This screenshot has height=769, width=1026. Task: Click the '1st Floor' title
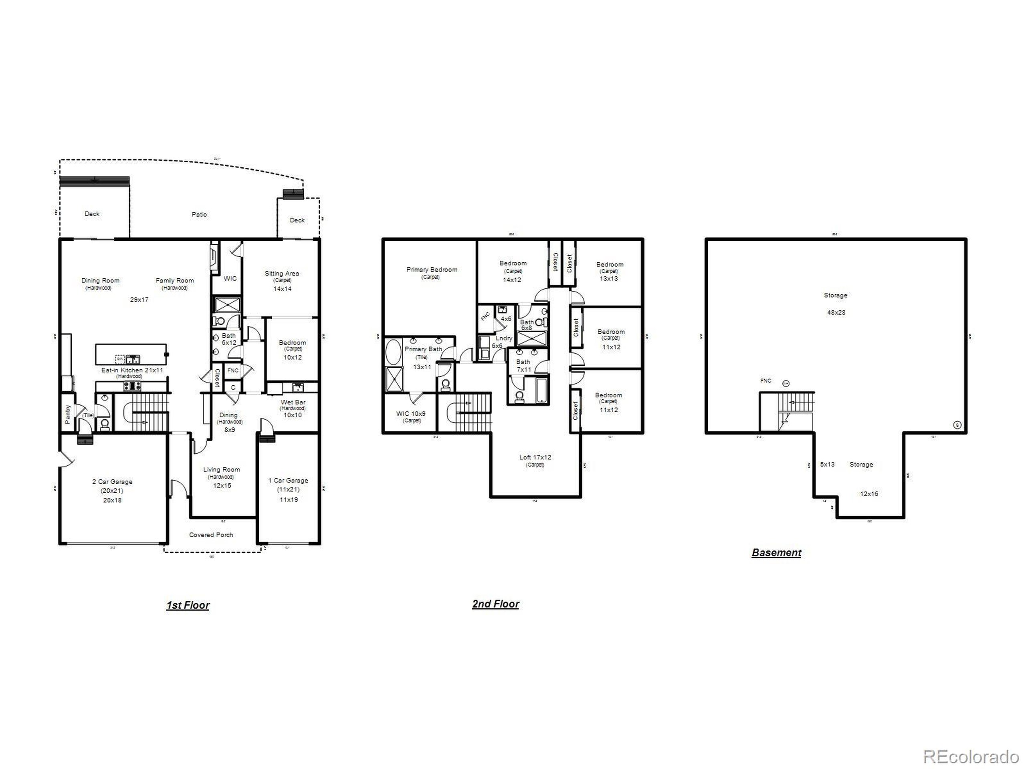[x=188, y=605]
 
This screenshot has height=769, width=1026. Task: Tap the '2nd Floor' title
[x=495, y=604]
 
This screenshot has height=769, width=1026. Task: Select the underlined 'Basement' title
[x=776, y=553]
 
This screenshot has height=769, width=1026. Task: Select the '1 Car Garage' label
[x=288, y=480]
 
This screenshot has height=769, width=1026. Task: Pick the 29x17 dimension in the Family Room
[x=139, y=300]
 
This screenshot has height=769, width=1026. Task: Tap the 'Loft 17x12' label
[x=535, y=457]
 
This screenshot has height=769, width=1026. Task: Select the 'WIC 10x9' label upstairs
[x=411, y=413]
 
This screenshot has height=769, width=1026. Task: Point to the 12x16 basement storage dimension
[x=869, y=494]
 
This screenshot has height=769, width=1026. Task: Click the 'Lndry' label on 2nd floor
[x=504, y=338]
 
